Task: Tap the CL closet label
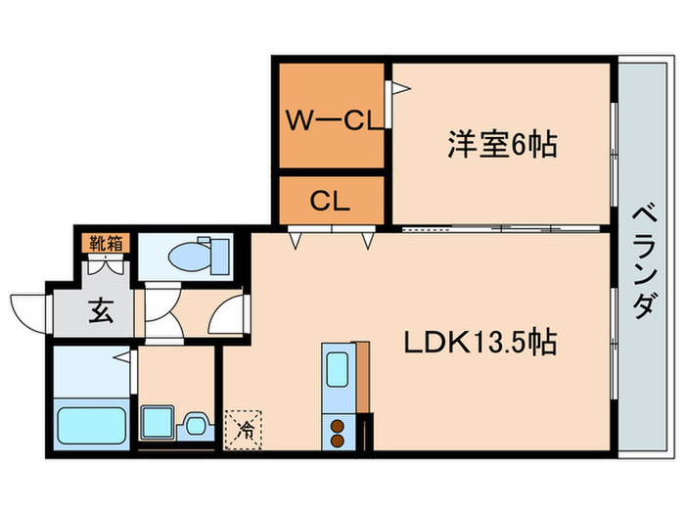coord(331,202)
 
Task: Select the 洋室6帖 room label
coord(502,145)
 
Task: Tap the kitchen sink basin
coord(337,370)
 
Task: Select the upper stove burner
coord(337,427)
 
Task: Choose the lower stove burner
coord(337,440)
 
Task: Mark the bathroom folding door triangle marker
coord(123,357)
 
